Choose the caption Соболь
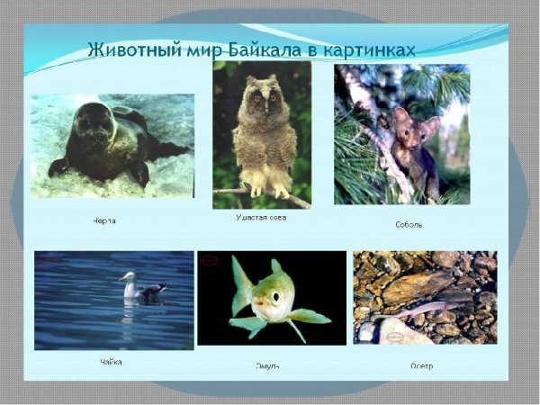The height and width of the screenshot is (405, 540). coord(408,223)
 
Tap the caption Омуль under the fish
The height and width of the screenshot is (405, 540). coord(267,365)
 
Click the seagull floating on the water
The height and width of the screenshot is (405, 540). coord(142,287)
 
